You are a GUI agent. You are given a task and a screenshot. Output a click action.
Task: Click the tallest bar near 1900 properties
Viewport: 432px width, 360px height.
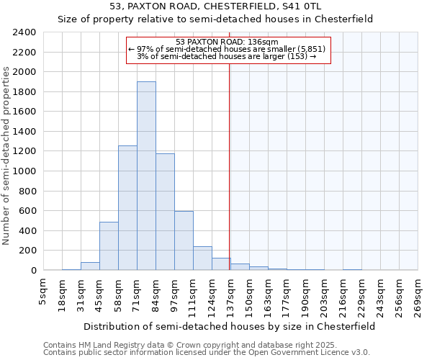click(x=146, y=176)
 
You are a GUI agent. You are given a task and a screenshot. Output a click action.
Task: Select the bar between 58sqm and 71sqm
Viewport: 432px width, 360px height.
click(x=127, y=208)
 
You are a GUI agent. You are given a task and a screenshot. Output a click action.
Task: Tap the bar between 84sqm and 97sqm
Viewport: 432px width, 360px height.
click(x=165, y=212)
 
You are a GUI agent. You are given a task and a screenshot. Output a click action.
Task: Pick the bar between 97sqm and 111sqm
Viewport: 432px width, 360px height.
click(x=184, y=240)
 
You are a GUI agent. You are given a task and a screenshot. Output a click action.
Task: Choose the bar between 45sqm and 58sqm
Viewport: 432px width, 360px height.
click(x=109, y=246)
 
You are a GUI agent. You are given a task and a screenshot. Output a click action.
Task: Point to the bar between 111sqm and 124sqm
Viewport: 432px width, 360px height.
click(x=202, y=258)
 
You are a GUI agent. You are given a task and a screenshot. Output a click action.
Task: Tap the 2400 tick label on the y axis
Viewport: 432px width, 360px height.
click(x=24, y=32)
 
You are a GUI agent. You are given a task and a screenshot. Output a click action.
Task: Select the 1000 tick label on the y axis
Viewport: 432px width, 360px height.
click(x=24, y=171)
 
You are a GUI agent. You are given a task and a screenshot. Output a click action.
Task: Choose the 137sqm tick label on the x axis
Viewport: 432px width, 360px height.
click(x=230, y=294)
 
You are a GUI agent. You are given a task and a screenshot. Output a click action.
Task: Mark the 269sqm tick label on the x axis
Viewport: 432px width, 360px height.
click(x=418, y=294)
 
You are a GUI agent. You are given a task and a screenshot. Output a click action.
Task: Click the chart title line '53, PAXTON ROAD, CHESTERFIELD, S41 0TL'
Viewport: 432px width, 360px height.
click(x=215, y=6)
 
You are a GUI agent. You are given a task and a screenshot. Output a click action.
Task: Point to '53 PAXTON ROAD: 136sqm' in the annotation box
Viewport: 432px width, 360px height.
click(x=227, y=42)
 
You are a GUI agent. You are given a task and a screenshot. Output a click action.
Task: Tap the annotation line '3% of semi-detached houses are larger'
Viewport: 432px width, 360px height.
click(x=227, y=56)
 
